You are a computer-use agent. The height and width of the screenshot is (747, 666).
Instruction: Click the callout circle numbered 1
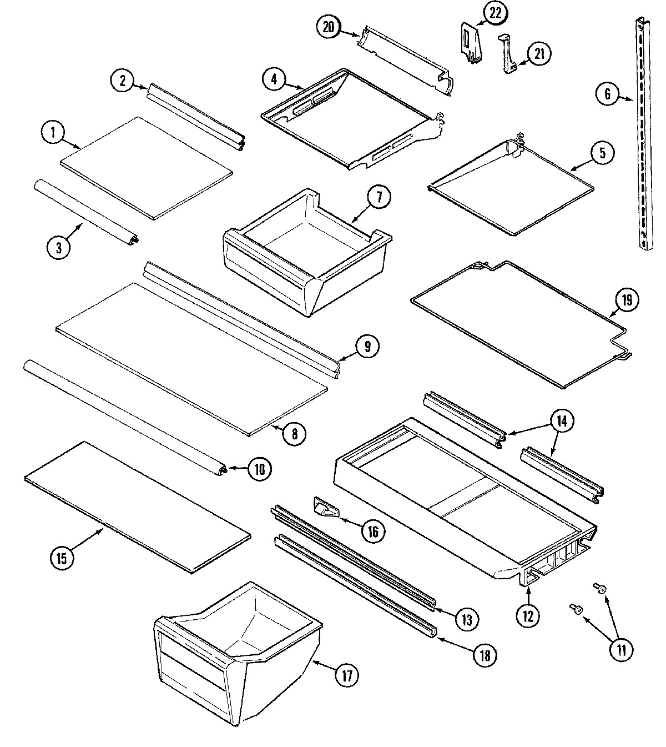point(54,133)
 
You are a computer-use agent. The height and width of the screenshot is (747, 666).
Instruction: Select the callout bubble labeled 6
point(607,94)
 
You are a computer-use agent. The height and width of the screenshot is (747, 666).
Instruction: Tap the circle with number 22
point(495,14)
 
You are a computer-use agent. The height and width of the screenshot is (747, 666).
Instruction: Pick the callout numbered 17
point(346,675)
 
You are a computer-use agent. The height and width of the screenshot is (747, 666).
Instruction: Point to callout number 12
point(527,615)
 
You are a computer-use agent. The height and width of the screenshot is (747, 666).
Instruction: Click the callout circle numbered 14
point(562,422)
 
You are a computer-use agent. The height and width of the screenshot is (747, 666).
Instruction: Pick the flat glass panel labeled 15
point(136,505)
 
